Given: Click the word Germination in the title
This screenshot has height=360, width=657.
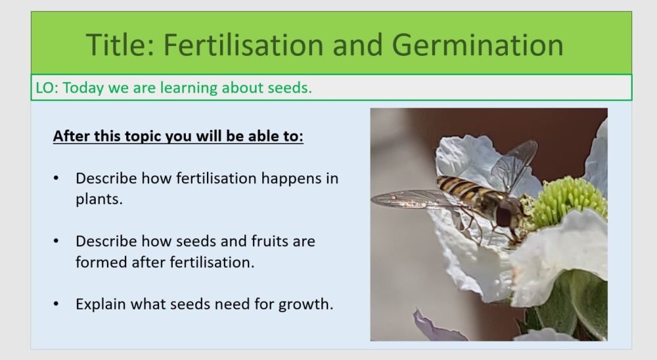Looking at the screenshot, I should pyautogui.click(x=478, y=45).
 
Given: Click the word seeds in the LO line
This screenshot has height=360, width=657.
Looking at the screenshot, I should pyautogui.click(x=288, y=88).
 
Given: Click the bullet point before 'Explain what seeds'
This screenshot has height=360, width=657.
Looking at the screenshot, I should pyautogui.click(x=57, y=304).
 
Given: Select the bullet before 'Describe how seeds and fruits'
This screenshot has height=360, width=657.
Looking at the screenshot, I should pyautogui.click(x=57, y=241).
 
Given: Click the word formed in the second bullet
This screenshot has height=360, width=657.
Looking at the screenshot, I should pyautogui.click(x=99, y=262).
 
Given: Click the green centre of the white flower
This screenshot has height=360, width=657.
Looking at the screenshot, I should pyautogui.click(x=565, y=200).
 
